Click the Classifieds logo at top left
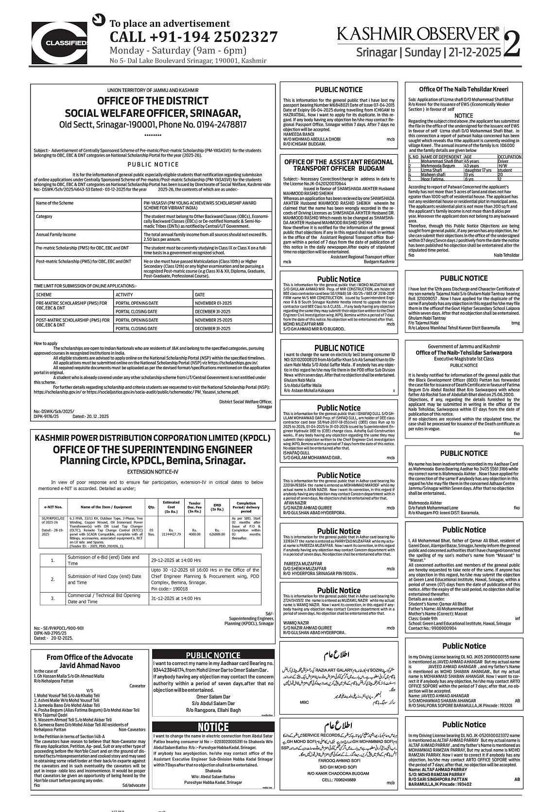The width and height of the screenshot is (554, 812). click(x=60, y=43)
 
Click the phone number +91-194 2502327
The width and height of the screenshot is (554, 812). click(x=193, y=37)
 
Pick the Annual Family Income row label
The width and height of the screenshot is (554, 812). click(x=56, y=235)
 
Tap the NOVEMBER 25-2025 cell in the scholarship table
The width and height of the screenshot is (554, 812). click(x=213, y=320)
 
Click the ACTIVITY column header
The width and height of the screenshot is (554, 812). click(x=124, y=295)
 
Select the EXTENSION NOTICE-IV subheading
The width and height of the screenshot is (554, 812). click(x=153, y=471)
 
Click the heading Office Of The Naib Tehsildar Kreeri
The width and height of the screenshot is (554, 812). click(x=464, y=89)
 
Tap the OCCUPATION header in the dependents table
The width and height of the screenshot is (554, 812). click(x=509, y=157)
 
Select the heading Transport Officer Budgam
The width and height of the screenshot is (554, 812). click(x=338, y=168)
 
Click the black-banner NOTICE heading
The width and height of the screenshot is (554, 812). click(x=213, y=727)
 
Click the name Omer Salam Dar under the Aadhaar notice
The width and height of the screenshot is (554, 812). click(x=213, y=697)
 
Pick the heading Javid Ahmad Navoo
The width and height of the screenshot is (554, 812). click(x=89, y=665)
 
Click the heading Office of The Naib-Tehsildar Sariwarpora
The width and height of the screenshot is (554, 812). click(x=464, y=353)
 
